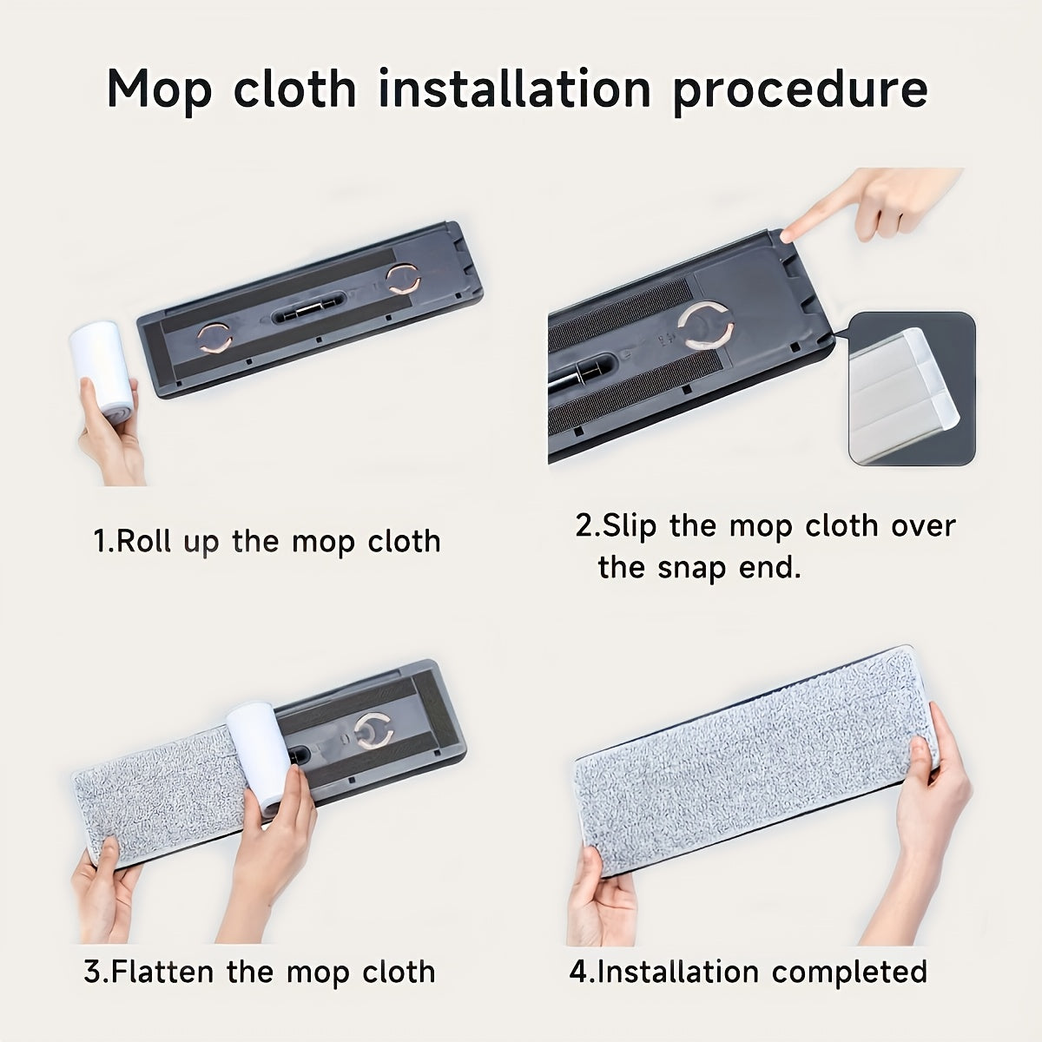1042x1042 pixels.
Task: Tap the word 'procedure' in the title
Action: click(x=800, y=89)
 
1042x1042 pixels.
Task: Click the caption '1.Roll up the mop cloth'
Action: click(x=267, y=541)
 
